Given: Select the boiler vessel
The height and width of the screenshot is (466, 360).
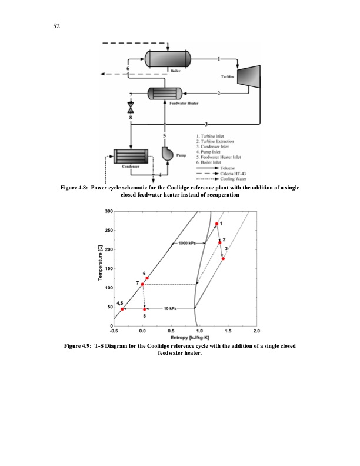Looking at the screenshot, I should click(168, 59).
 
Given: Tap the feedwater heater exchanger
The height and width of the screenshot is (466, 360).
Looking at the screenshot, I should click(167, 94).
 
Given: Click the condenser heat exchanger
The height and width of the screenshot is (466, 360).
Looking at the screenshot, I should click(130, 156).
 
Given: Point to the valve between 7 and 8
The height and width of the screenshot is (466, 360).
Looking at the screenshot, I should click(131, 108).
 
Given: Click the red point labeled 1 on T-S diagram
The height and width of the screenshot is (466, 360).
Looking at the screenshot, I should click(216, 224).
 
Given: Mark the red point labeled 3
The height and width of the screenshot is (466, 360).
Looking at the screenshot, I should click(224, 258).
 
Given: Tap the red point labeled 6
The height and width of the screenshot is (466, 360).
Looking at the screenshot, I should click(147, 278).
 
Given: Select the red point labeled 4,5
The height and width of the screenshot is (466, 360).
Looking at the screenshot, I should click(122, 309).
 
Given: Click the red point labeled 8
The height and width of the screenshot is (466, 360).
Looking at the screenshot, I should click(145, 309).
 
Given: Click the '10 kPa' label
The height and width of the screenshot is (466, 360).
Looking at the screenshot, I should click(171, 308).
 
